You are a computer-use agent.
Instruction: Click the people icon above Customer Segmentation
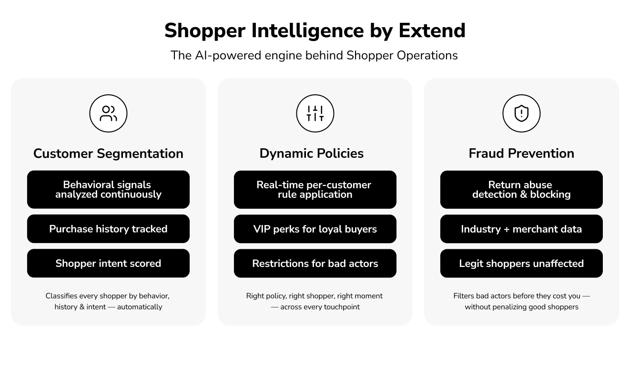(x=108, y=113)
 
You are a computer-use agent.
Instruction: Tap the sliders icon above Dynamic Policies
(x=315, y=113)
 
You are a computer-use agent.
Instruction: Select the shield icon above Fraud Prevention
(x=521, y=113)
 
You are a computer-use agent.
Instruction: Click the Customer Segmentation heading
(x=108, y=153)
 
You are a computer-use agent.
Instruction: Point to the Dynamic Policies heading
(x=312, y=153)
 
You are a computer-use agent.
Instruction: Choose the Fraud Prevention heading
(x=521, y=153)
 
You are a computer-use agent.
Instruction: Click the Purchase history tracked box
(x=108, y=229)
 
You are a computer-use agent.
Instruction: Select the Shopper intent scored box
(x=108, y=263)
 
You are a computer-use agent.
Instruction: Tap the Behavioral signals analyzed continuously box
(x=108, y=190)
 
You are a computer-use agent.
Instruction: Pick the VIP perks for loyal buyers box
(x=315, y=229)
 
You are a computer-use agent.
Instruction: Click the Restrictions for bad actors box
(x=315, y=263)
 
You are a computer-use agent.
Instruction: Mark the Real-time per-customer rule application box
(x=315, y=190)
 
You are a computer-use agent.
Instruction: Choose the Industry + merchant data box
(x=521, y=229)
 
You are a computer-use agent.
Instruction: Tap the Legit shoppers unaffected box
(x=521, y=263)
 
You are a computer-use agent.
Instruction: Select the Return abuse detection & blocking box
(x=521, y=190)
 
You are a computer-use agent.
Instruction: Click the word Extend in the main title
(x=432, y=31)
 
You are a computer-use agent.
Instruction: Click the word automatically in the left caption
(x=140, y=307)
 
